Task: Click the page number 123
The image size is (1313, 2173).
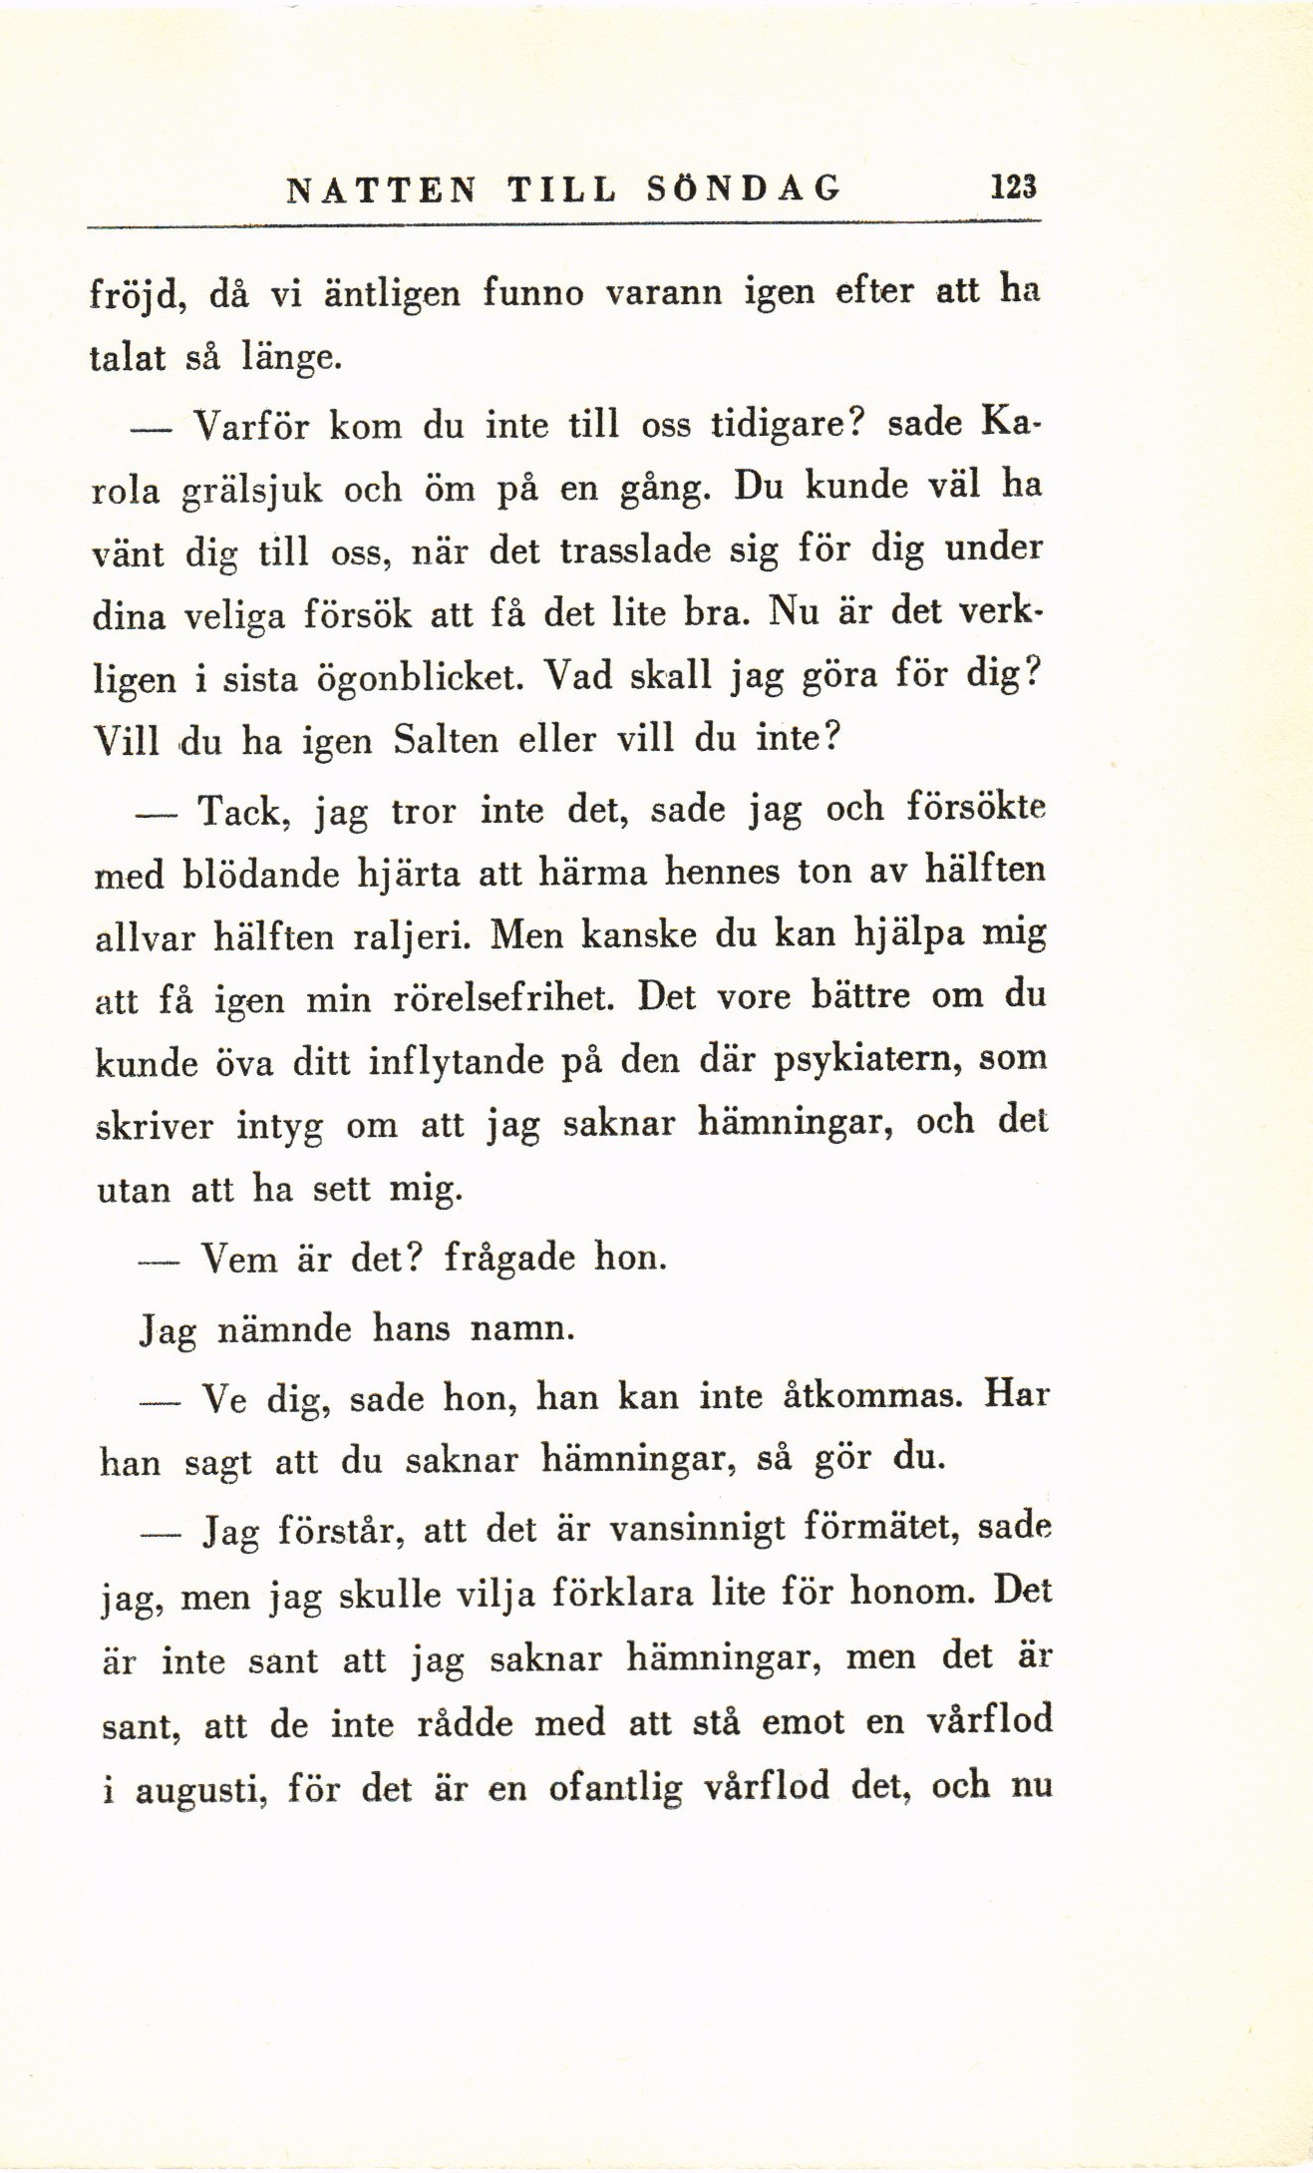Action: [1009, 187]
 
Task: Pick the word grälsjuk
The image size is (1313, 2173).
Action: [249, 491]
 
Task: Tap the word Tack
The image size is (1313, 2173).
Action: [244, 812]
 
